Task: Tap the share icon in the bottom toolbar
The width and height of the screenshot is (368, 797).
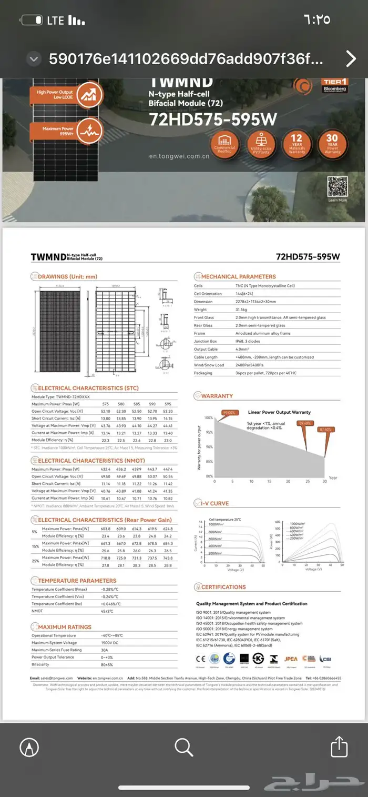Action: click(339, 746)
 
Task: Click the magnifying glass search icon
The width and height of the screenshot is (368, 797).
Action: click(183, 746)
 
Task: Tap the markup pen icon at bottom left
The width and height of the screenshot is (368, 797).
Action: click(29, 746)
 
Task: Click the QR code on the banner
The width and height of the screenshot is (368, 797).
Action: click(338, 187)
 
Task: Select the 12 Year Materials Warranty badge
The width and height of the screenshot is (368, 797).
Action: click(297, 143)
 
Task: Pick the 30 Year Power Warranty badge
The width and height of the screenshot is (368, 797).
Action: click(332, 143)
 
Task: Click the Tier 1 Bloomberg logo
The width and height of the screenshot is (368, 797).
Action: click(334, 86)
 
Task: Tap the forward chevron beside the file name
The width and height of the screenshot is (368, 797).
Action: click(351, 58)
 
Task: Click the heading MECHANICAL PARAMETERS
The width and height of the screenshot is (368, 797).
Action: click(238, 276)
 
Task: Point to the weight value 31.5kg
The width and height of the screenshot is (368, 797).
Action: click(246, 310)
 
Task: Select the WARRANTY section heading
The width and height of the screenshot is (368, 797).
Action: click(217, 395)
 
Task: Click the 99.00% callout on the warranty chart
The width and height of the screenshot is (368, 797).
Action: click(229, 412)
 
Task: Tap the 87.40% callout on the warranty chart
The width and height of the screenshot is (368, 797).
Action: click(325, 430)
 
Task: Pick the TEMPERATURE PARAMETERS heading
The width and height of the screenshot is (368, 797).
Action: click(77, 581)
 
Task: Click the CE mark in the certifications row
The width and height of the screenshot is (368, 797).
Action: click(200, 658)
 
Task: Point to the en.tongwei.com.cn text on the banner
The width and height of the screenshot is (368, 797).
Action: click(179, 156)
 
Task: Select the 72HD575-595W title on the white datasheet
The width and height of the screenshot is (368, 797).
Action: click(308, 257)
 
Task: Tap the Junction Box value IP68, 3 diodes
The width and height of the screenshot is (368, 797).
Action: click(255, 341)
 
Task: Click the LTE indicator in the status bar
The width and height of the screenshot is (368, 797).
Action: click(55, 21)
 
